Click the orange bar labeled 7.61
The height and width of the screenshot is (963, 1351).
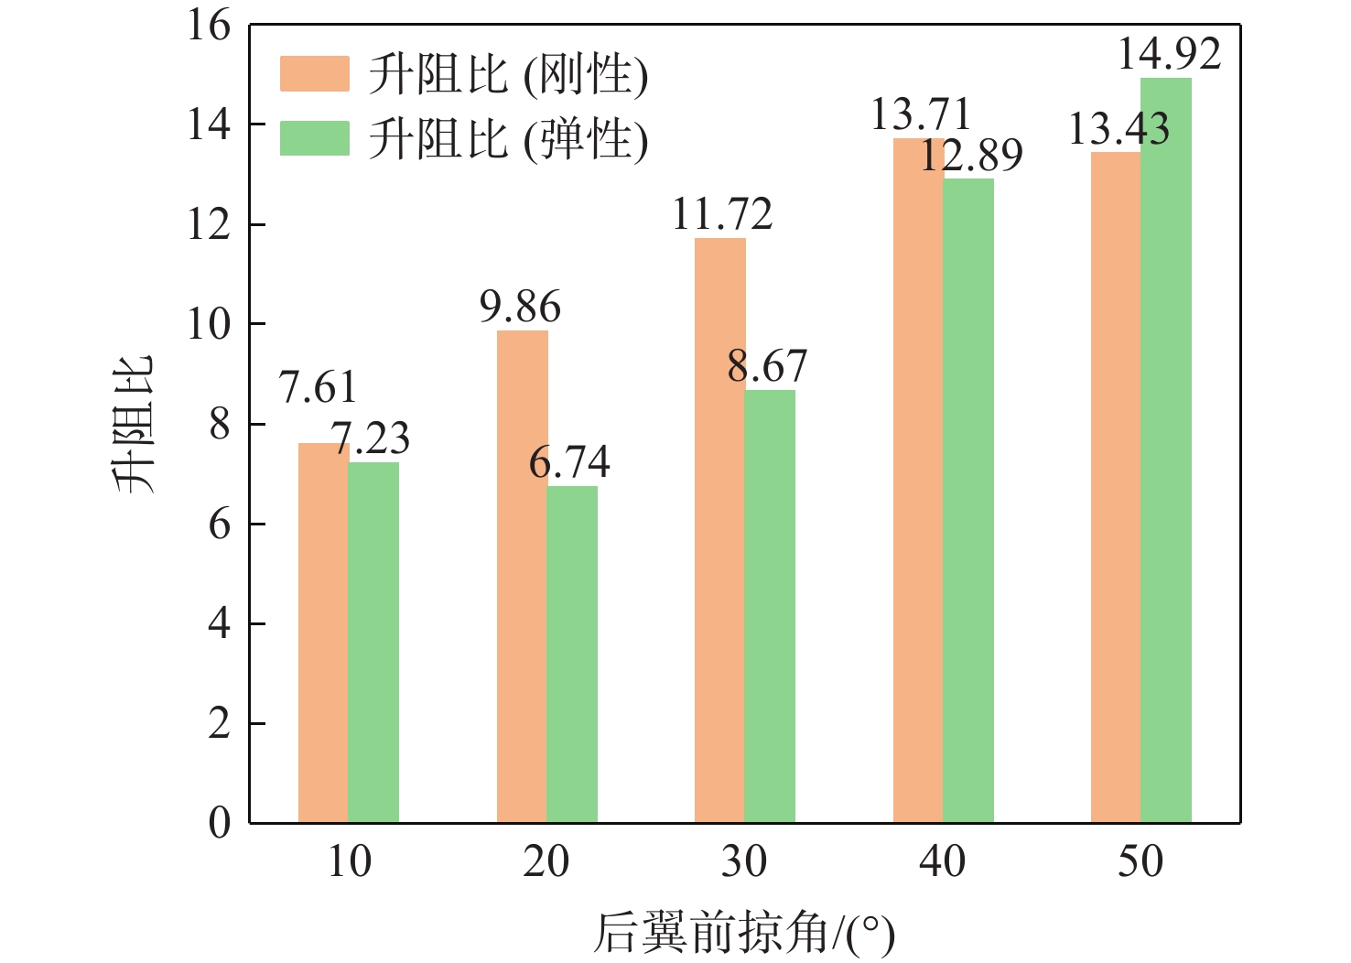tap(323, 633)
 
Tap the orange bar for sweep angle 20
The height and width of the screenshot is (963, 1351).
tap(522, 577)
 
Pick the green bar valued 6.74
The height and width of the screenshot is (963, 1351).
tap(572, 655)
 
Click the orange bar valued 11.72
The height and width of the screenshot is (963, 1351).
tap(719, 531)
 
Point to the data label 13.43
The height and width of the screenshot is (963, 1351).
tap(1119, 129)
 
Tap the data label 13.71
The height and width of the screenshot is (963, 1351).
tap(920, 115)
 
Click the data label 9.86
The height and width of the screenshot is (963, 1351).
tap(520, 308)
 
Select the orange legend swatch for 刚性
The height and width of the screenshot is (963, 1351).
tap(314, 74)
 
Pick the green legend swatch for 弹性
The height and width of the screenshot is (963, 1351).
tap(314, 138)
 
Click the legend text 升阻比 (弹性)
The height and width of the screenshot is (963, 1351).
tap(508, 139)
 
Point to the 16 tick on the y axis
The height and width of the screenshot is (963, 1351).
tap(210, 26)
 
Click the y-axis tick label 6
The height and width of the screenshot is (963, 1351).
tap(219, 525)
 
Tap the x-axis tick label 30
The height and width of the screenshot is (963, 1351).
tap(744, 862)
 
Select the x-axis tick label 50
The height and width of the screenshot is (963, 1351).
tap(1140, 862)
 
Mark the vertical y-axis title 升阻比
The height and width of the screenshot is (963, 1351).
tap(135, 424)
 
